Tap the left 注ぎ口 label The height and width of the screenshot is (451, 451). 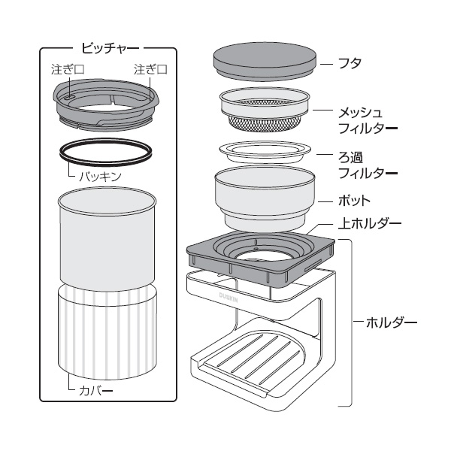click(68, 68)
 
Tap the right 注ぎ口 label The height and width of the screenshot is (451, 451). click(149, 68)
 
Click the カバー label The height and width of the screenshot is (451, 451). click(95, 391)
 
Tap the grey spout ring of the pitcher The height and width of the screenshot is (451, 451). click(105, 105)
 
